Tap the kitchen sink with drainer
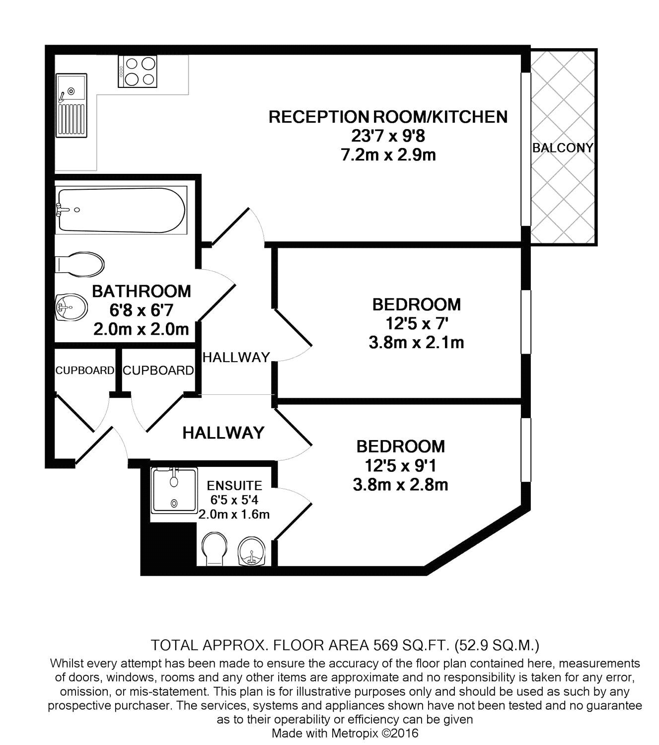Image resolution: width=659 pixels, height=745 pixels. pyautogui.click(x=72, y=105)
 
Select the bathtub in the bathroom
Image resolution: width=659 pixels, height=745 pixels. pyautogui.click(x=121, y=210)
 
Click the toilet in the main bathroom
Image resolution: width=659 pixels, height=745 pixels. pyautogui.click(x=80, y=263)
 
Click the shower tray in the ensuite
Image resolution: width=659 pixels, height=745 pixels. pyautogui.click(x=174, y=490)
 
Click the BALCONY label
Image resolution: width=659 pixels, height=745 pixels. pyautogui.click(x=562, y=148)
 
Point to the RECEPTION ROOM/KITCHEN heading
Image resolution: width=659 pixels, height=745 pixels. pyautogui.click(x=388, y=117)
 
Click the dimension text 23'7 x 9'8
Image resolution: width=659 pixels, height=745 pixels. pyautogui.click(x=388, y=136)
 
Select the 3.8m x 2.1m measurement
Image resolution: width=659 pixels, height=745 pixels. pyautogui.click(x=416, y=342)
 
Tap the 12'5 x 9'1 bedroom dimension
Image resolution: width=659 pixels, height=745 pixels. pyautogui.click(x=400, y=465)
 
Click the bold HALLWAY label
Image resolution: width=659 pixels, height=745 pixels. pyautogui.click(x=223, y=433)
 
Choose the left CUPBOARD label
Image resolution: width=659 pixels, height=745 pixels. pyautogui.click(x=84, y=371)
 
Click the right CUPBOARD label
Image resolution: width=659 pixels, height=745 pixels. pyautogui.click(x=158, y=371)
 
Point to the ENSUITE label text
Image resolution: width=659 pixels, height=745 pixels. pyautogui.click(x=234, y=485)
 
